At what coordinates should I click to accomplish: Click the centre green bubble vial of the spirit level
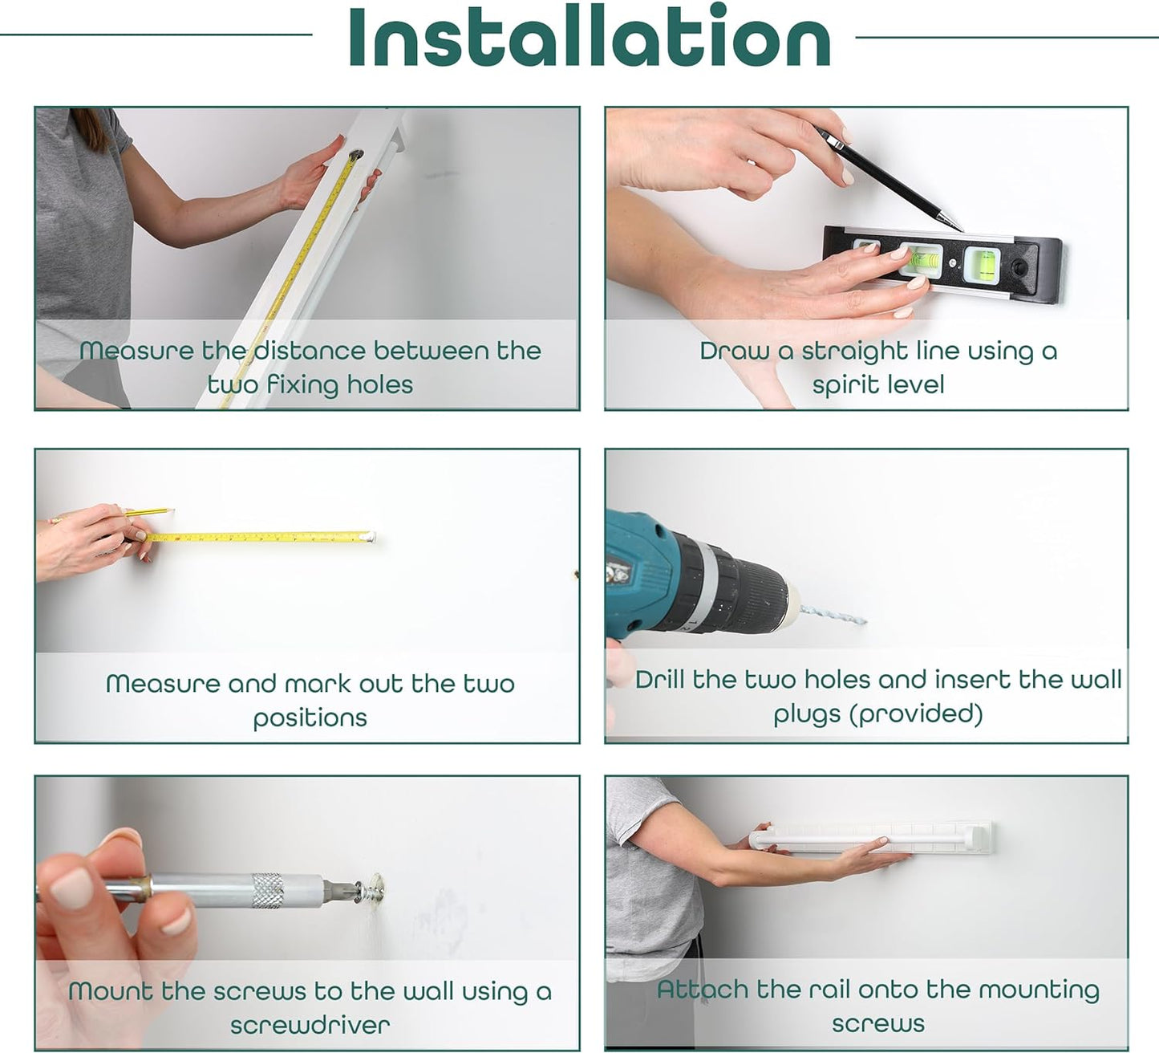click(921, 259)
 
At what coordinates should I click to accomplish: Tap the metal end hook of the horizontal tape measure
click(368, 537)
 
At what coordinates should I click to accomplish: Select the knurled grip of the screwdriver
click(268, 890)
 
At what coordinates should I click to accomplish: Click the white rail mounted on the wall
click(871, 837)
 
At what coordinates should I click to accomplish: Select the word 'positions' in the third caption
click(310, 718)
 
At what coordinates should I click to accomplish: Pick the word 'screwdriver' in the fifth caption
click(310, 1025)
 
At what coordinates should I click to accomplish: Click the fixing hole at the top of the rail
click(355, 155)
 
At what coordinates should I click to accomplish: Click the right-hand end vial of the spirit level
click(982, 263)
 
